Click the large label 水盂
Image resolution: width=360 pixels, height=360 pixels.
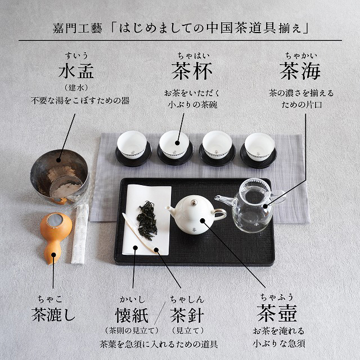click(76, 71)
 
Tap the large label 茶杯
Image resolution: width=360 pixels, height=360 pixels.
click(192, 71)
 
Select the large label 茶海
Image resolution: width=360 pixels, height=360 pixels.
click(300, 71)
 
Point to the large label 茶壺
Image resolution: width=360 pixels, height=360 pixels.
click(277, 313)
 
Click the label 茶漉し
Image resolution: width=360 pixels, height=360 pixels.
click(53, 314)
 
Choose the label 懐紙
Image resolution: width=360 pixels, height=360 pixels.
click(132, 315)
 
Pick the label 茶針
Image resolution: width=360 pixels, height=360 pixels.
click(187, 315)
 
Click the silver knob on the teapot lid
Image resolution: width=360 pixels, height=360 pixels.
click(194, 202)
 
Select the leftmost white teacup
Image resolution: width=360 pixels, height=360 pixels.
click(132, 145)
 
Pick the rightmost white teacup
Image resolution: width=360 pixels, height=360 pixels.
click(259, 146)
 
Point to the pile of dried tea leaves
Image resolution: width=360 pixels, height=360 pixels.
click(147, 220)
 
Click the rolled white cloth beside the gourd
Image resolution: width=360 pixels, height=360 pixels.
click(80, 234)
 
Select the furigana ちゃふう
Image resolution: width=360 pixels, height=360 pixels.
click(277, 297)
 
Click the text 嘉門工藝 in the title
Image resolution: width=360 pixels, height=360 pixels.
click(77, 29)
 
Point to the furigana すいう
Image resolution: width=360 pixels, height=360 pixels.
click(76, 56)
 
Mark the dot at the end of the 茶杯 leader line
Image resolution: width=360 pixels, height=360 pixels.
click(177, 143)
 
